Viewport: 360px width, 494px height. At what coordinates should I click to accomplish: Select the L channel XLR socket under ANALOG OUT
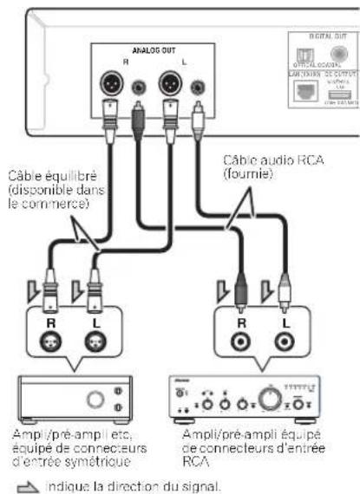click(171, 84)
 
